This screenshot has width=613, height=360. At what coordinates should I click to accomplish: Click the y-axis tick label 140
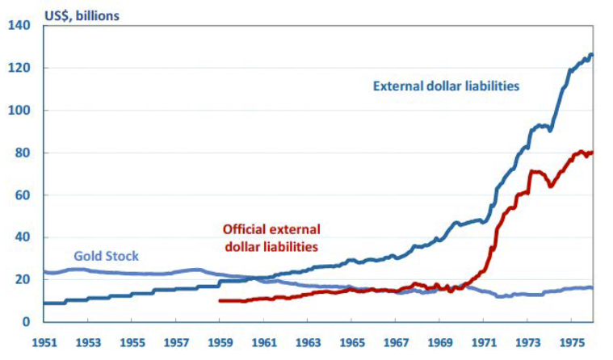(19, 26)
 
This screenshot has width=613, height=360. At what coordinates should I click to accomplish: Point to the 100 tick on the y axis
(19, 111)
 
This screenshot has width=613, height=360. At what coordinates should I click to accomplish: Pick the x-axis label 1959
(220, 341)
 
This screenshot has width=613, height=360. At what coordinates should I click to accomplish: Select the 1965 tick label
(352, 341)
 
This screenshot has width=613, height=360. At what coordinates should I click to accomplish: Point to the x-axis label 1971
(485, 341)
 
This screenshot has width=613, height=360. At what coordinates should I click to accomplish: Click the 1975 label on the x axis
(573, 341)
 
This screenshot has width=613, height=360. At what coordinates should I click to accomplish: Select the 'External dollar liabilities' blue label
(446, 86)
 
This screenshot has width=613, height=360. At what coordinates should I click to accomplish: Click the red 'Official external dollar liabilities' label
(271, 237)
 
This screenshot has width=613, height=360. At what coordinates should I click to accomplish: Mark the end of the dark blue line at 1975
(592, 55)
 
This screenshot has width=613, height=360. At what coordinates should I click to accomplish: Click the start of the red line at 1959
(220, 301)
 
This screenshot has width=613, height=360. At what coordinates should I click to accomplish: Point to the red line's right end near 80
(592, 153)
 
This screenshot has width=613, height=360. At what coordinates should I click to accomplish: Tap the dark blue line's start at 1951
(44, 303)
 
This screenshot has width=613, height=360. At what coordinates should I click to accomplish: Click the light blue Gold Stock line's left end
(44, 272)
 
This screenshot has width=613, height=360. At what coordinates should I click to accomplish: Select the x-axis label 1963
(308, 341)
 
